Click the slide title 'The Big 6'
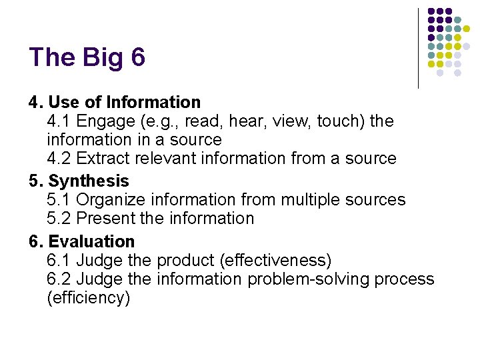[x=87, y=57]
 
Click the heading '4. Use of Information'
[x=114, y=103]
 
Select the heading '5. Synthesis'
[x=79, y=181]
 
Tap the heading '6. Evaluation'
[x=81, y=241]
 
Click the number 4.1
[x=59, y=121]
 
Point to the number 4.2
[x=59, y=159]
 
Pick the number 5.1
[x=59, y=200]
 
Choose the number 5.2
[x=59, y=219]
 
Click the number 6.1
[x=59, y=260]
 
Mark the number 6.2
[x=59, y=279]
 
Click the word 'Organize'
[x=112, y=200]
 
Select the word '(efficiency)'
[x=89, y=297]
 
